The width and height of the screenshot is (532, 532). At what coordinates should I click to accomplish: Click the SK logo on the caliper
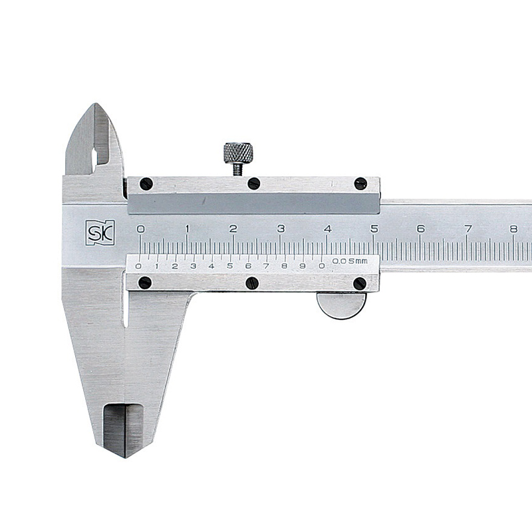click(100, 233)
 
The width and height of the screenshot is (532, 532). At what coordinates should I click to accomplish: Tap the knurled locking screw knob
click(238, 153)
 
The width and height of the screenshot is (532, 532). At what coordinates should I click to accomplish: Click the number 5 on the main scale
click(374, 229)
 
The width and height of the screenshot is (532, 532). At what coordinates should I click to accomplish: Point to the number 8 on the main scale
click(513, 229)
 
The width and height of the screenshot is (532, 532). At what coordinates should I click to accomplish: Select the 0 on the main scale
click(140, 229)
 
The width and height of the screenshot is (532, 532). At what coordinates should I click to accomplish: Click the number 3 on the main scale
click(281, 229)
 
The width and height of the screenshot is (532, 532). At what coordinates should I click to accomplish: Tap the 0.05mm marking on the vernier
click(350, 261)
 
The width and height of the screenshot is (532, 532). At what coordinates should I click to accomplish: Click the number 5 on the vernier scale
click(229, 266)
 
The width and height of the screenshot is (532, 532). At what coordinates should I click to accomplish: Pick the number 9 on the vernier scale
click(303, 266)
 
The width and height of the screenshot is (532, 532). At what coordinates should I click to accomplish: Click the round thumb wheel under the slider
click(342, 305)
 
